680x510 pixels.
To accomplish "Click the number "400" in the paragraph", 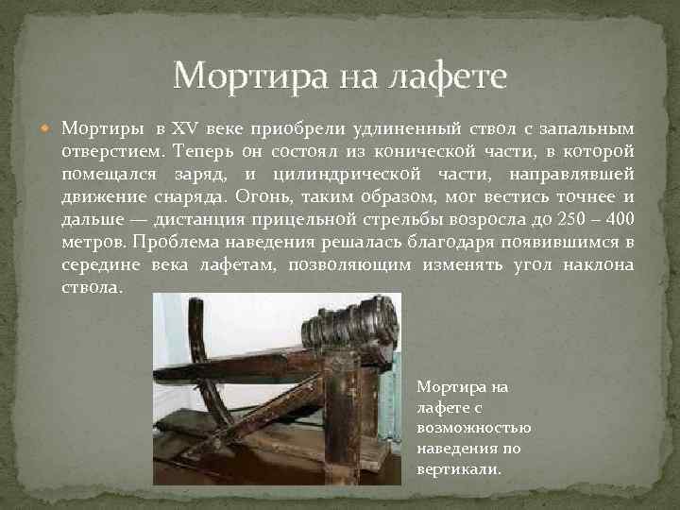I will [x=618, y=218].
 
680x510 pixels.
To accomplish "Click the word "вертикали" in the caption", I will [x=459, y=468].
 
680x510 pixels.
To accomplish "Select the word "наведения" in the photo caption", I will [x=450, y=448].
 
